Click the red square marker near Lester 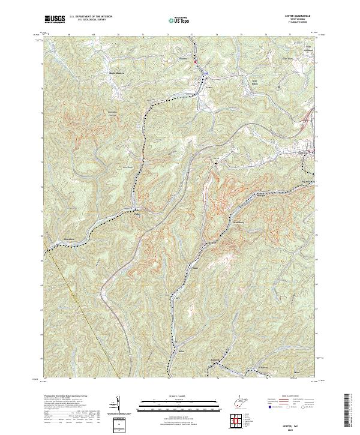(196, 60)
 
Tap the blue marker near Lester (205, 74)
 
